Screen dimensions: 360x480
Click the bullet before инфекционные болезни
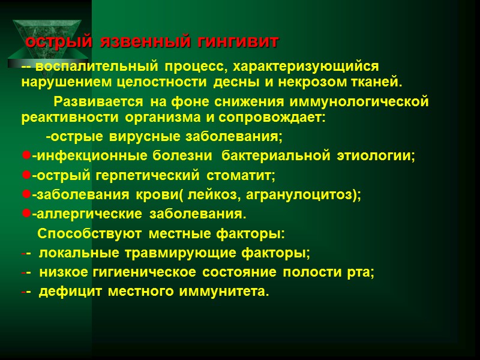tap(26, 156)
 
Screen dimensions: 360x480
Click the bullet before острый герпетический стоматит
tap(26, 176)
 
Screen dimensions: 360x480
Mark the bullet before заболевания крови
tap(26, 195)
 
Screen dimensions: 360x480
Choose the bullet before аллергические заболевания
tap(26, 214)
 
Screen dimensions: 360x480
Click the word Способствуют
tap(90, 233)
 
